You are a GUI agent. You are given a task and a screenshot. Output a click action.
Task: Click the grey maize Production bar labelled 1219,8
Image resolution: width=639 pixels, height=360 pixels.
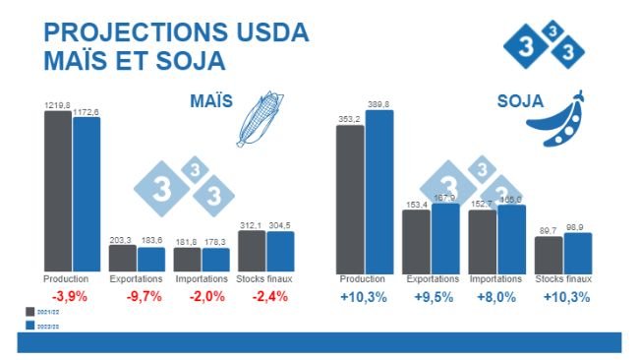58,191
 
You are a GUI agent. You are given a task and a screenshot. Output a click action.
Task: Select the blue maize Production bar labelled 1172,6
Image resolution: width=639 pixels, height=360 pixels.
87,195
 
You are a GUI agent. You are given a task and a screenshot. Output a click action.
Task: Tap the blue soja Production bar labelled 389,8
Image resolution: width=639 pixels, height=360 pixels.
379,192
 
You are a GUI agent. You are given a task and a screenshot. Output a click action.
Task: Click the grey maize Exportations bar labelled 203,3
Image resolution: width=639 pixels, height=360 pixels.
123,258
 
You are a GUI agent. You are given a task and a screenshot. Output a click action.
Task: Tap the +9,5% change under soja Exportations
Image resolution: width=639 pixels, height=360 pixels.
431,297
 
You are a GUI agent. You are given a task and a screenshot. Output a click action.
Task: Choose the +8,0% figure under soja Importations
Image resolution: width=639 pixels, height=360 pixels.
496,297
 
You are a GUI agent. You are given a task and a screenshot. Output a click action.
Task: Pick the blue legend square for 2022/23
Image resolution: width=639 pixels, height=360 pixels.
28,325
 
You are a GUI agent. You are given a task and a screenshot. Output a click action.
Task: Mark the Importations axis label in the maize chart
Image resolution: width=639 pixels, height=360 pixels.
202,279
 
